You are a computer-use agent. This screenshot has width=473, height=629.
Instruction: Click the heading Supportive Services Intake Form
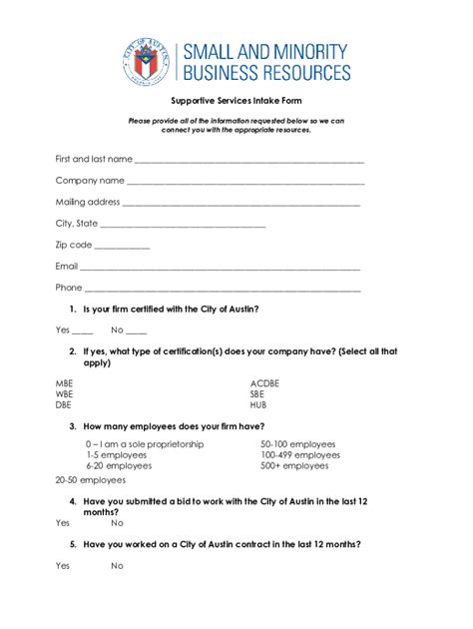coord(236,101)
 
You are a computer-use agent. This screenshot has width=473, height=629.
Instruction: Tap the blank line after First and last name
coord(248,160)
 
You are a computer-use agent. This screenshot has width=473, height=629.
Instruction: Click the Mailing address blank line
coord(240,204)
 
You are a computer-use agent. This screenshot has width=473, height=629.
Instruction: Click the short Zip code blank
coord(123,247)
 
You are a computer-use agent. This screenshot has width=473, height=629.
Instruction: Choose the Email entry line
coord(220,269)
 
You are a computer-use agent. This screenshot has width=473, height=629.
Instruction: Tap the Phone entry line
coord(223,290)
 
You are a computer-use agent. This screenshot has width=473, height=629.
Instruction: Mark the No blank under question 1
coord(136,331)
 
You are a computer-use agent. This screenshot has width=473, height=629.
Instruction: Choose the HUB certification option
coord(258,406)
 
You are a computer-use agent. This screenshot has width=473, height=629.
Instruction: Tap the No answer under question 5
coord(117,566)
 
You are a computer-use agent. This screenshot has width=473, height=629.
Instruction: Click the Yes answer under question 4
coord(63,522)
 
